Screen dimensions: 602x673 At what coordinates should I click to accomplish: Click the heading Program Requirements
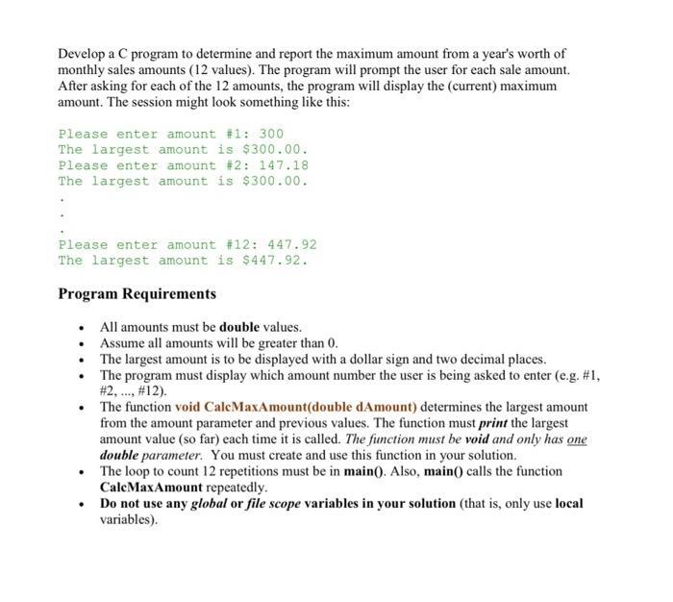coord(137,293)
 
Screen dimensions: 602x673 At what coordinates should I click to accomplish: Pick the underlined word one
coord(577,439)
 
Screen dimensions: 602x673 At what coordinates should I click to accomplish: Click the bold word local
coord(569,503)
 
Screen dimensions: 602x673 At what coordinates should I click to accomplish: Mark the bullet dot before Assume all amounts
coord(83,343)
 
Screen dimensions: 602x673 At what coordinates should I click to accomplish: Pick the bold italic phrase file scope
coord(300,503)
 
